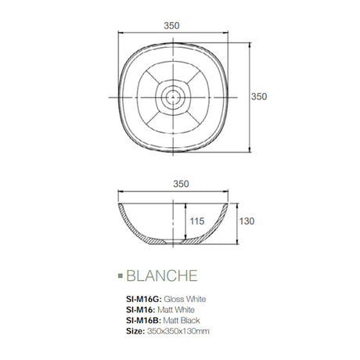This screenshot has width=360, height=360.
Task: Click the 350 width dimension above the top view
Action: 172,25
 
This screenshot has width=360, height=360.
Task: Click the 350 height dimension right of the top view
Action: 259,96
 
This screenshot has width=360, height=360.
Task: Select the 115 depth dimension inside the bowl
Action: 196,222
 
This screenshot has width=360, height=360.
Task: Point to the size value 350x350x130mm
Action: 178,332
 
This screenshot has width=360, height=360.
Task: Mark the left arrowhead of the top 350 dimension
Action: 121,33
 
